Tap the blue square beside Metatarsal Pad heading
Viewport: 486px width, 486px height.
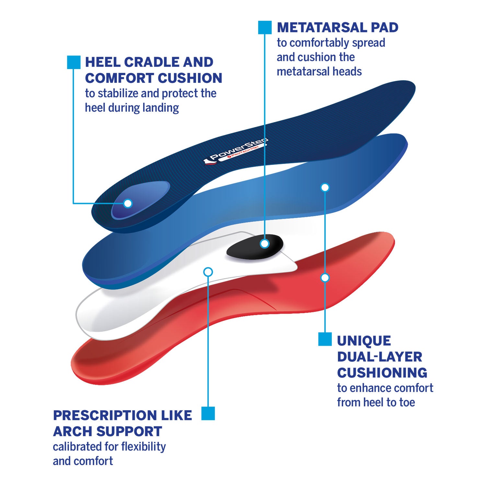pyautogui.click(x=265, y=28)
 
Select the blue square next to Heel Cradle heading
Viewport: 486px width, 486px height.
pyautogui.click(x=74, y=62)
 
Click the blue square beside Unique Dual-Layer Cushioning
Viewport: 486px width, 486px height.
pyautogui.click(x=325, y=339)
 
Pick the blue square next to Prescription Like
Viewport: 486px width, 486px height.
pyautogui.click(x=208, y=413)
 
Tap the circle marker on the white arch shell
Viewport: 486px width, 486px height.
pyautogui.click(x=208, y=272)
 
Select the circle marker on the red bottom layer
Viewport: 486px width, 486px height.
pyautogui.click(x=325, y=278)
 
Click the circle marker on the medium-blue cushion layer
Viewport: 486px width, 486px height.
pyautogui.click(x=325, y=187)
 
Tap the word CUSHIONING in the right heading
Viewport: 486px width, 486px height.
pyautogui.click(x=382, y=373)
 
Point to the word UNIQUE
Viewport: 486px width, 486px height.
pyautogui.click(x=364, y=341)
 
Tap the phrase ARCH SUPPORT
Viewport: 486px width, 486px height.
pyautogui.click(x=107, y=432)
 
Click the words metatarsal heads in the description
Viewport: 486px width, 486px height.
pyautogui.click(x=319, y=71)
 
